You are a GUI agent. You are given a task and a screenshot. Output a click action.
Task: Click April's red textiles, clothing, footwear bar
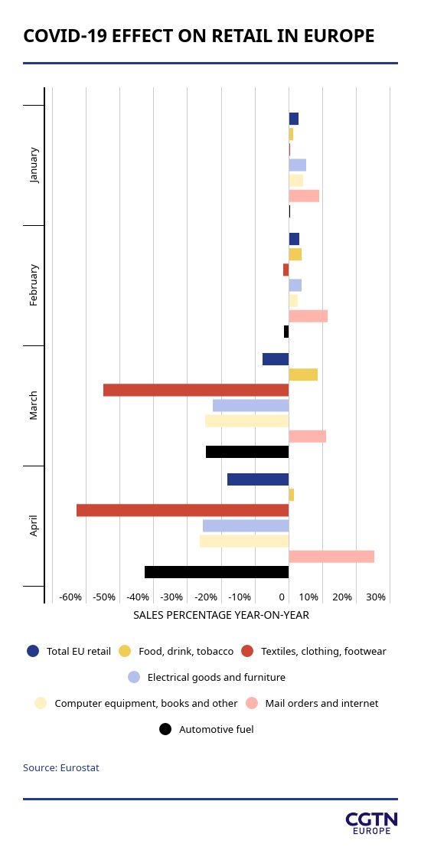coord(182,510)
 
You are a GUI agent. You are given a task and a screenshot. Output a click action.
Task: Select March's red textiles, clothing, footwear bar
coord(196,390)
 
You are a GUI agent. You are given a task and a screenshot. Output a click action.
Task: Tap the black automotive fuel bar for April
coord(217,572)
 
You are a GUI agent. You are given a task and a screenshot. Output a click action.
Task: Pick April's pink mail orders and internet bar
coord(331,557)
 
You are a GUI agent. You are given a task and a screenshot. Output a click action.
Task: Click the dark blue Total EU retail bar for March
coord(276,359)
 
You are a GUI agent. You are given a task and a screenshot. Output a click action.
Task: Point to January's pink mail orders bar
coord(304,195)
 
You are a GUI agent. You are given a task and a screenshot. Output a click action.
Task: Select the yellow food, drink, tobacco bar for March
coord(303,374)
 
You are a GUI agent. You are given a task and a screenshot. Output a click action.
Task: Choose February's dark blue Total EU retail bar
coord(294,239)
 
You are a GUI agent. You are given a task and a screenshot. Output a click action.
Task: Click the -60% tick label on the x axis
coord(70,597)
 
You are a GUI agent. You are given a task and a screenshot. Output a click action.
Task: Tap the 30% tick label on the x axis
coord(376,597)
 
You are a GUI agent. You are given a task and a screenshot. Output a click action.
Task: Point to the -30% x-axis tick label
coord(172,597)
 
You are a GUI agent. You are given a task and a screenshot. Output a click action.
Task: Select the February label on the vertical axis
coord(34,285)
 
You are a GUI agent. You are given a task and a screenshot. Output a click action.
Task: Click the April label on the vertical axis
coord(34,525)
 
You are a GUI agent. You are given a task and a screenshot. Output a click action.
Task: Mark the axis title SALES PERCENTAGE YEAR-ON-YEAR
coord(221,615)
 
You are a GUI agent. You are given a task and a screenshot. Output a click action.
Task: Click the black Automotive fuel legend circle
coord(165,729)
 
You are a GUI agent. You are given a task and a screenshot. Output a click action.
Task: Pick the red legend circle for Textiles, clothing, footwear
coord(248,651)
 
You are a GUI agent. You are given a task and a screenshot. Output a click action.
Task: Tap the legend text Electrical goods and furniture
coord(217,678)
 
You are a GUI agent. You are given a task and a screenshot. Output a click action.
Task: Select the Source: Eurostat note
coord(61,767)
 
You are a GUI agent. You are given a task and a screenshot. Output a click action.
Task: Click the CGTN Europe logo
coord(371,822)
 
